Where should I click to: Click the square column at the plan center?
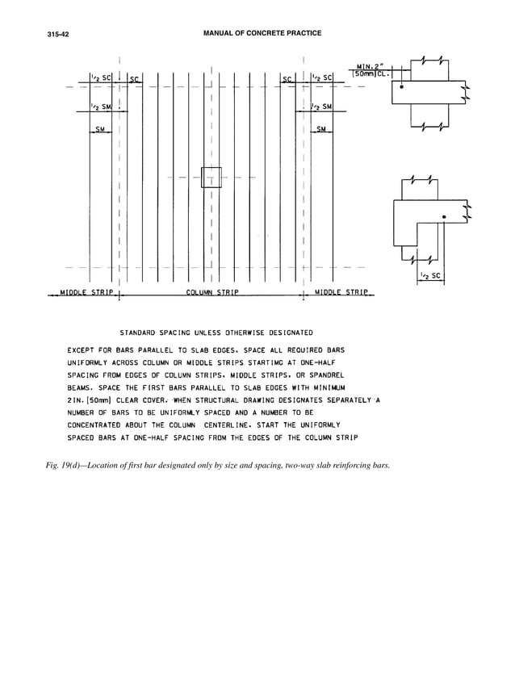point(211,177)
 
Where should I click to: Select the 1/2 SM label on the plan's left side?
point(100,109)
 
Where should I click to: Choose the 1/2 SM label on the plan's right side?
point(323,109)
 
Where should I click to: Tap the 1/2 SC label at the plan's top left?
point(100,78)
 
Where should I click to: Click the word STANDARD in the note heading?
point(144,332)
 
